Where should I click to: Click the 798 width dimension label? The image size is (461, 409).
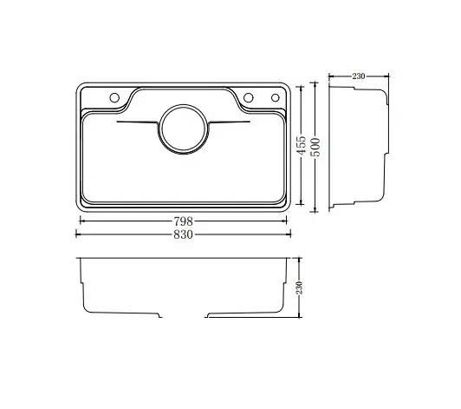click(182, 221)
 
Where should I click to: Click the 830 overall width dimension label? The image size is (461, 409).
click(182, 234)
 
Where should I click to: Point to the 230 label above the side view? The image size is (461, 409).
click(358, 76)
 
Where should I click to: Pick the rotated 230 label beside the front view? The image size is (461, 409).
click(299, 287)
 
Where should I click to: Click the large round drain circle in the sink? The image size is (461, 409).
click(182, 130)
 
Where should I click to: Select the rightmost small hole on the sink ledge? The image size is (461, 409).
click(276, 96)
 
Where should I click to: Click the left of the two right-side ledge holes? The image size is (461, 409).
click(248, 96)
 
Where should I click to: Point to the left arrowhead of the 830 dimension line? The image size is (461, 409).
click(80, 234)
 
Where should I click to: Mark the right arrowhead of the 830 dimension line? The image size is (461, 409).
click(289, 234)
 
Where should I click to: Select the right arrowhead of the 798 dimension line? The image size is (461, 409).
click(285, 221)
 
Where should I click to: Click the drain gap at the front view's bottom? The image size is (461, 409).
click(184, 316)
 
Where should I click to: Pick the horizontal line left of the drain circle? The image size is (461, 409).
click(136, 124)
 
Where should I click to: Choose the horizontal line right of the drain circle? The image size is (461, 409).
click(229, 124)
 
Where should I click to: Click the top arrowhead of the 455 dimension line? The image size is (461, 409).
click(301, 87)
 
